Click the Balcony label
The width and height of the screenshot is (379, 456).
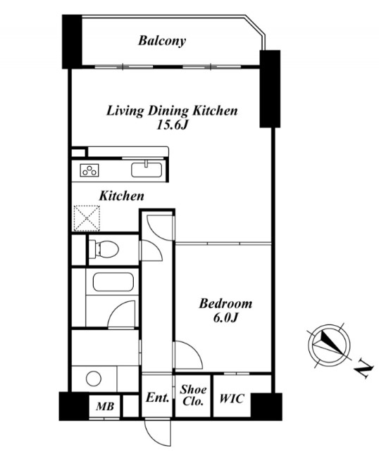point(162,41)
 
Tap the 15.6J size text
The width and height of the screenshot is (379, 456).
point(172,125)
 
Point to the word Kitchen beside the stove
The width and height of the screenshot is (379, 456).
point(122,196)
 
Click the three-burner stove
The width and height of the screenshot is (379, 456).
point(89,170)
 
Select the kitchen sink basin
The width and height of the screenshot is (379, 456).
point(147,170)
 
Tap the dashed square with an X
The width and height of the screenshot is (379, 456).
point(87,218)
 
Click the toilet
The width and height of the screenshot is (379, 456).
point(104,249)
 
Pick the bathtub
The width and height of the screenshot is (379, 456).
point(113,281)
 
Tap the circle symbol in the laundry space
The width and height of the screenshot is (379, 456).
point(94,379)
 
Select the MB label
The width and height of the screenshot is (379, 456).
point(105,406)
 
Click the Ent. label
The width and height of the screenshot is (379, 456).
point(158,398)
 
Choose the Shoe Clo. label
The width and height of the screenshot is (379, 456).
point(193,395)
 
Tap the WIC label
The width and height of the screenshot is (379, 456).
point(232,398)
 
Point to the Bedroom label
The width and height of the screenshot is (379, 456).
point(225,303)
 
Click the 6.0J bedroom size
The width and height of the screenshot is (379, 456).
point(226,318)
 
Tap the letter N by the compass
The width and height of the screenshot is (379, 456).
point(364,369)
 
